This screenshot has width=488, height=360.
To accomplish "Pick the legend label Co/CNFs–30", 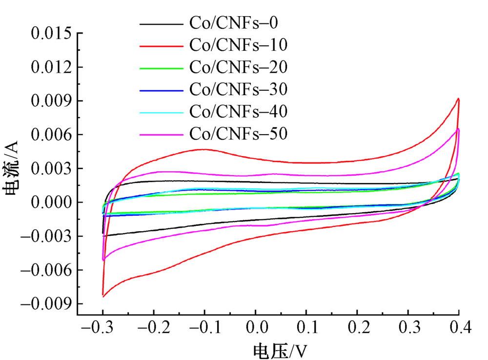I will [x=238, y=89].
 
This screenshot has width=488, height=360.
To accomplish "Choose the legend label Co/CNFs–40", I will [x=238, y=111].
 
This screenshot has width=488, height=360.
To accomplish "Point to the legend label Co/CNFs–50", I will [x=238, y=133].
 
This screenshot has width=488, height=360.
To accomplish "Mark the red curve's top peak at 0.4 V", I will [x=458, y=99].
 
